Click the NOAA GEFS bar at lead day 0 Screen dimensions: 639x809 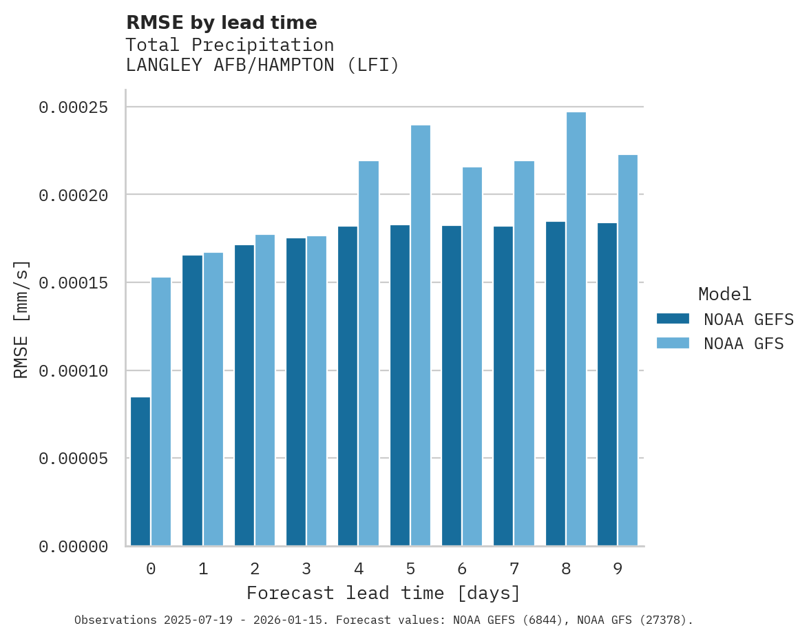pos(140,472)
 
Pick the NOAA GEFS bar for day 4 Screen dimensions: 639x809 pos(348,386)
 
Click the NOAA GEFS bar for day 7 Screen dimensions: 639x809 pos(503,386)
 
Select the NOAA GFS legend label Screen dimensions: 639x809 pos(744,344)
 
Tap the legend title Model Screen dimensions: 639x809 pos(724,295)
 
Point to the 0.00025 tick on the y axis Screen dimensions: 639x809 pos(74,107)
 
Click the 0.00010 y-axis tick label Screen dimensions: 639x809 pos(74,371)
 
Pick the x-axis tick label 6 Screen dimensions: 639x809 pos(462,569)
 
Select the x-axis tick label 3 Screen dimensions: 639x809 pos(306,569)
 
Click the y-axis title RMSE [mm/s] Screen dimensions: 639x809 pos(22,319)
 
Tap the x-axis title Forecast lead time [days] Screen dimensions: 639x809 pos(384,594)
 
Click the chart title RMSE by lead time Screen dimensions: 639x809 pos(222,23)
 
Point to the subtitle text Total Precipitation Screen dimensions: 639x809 pos(230,45)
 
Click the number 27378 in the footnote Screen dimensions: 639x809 pos(665,620)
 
